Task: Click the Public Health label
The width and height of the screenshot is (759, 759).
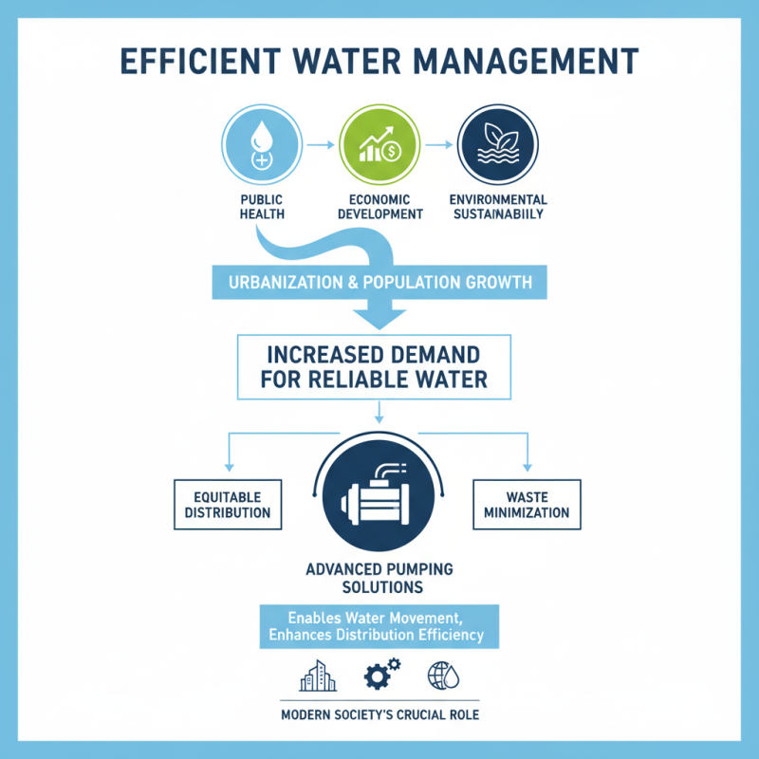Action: tap(261, 207)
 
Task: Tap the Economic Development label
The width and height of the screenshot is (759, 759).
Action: tap(379, 207)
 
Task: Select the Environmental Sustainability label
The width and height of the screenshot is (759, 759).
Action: tap(498, 207)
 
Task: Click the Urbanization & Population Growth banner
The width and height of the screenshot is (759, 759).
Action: tap(379, 282)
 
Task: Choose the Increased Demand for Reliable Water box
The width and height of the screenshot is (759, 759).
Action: tap(379, 368)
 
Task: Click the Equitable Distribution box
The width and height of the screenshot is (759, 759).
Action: tap(227, 504)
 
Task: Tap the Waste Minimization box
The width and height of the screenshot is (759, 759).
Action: tap(527, 504)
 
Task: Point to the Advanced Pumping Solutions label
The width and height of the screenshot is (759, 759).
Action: tap(379, 578)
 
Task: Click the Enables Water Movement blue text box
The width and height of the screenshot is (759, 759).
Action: tap(379, 626)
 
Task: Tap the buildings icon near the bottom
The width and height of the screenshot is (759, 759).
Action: tap(318, 676)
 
